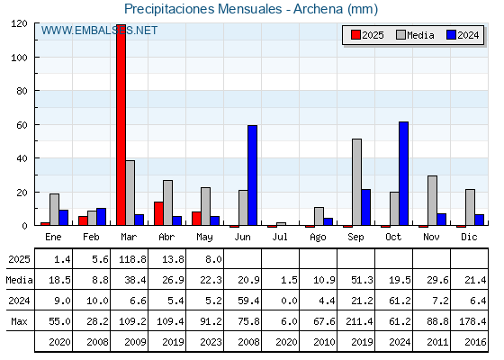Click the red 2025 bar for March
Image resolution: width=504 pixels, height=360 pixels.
click(x=121, y=125)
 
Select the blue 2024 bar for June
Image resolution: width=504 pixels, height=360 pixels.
click(x=252, y=175)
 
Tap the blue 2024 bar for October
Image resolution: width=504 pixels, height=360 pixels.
click(x=403, y=174)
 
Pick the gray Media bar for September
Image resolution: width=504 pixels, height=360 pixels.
click(x=356, y=182)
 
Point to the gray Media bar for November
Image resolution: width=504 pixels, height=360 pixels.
click(x=432, y=201)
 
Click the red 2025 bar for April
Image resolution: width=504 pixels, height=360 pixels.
click(x=158, y=213)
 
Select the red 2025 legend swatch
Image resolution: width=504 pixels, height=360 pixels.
click(x=355, y=35)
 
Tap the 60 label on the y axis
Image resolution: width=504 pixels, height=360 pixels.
click(x=22, y=125)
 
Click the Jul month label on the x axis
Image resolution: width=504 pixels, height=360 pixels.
click(x=280, y=237)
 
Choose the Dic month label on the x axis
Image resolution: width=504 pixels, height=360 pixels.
click(x=469, y=237)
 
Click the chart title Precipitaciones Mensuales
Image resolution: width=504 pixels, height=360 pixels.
click(x=203, y=9)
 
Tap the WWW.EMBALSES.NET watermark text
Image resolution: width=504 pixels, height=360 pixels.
click(x=99, y=31)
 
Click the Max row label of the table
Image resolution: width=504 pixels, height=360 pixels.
click(x=19, y=321)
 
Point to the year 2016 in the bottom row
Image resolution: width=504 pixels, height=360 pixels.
click(x=475, y=342)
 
